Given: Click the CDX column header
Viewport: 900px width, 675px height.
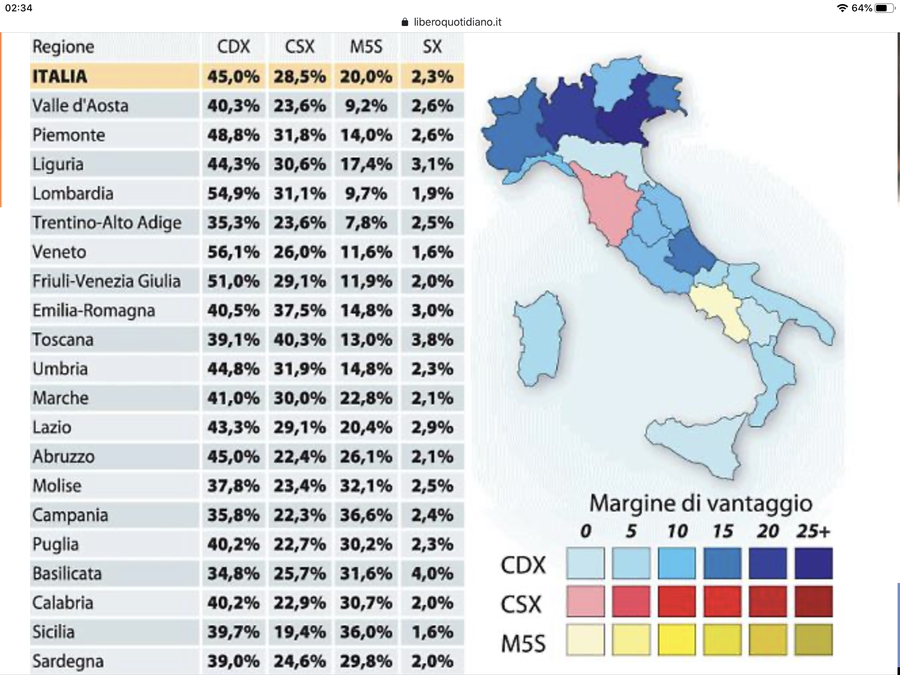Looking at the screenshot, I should (233, 47).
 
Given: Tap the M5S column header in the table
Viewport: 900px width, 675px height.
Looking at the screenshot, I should (366, 47).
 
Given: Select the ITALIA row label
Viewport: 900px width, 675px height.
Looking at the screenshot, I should (60, 76).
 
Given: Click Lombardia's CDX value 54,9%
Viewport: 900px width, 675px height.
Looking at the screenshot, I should (233, 194).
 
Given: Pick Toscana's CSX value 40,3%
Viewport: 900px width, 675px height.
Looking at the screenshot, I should (299, 340).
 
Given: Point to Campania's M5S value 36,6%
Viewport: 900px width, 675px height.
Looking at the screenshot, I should (366, 515).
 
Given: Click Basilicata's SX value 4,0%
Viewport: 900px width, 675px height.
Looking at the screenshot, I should (432, 574).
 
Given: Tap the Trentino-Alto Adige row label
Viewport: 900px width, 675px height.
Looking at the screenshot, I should (106, 223).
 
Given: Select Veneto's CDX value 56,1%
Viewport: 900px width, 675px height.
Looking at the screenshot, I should (233, 252).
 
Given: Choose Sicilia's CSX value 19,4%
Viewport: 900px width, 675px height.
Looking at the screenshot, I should (299, 632).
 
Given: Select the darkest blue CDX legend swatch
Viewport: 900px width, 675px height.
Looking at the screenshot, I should (813, 564).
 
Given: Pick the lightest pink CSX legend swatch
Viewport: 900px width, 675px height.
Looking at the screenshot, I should (585, 601).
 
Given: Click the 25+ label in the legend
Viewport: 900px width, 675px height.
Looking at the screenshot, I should (813, 531).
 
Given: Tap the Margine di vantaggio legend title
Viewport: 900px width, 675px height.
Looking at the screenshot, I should (700, 504).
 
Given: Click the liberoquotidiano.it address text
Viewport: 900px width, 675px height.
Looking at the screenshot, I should (457, 22).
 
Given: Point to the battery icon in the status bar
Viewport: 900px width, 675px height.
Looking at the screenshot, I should (884, 8).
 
